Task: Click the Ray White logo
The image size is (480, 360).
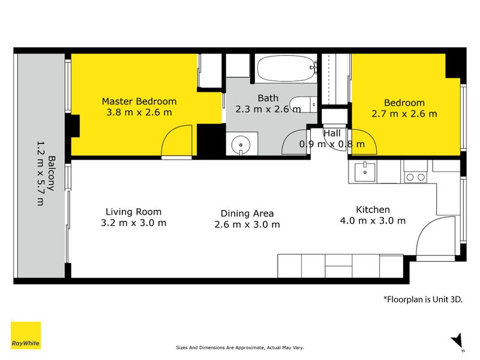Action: pyautogui.click(x=26, y=335)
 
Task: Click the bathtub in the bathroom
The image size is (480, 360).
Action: pyautogui.click(x=287, y=68)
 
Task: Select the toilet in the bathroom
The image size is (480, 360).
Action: pyautogui.click(x=304, y=104)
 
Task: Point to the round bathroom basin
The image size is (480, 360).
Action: pyautogui.click(x=241, y=145)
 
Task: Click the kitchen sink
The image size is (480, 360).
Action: pyautogui.click(x=365, y=172)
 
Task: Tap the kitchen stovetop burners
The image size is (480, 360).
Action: pyautogui.click(x=415, y=177)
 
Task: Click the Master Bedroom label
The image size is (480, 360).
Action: pyautogui.click(x=139, y=101)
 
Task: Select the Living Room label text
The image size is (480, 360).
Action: pyautogui.click(x=133, y=212)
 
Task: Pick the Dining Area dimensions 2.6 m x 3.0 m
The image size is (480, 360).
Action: pyautogui.click(x=247, y=224)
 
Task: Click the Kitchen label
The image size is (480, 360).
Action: pyautogui.click(x=373, y=209)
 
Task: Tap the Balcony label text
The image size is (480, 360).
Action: pyautogui.click(x=52, y=173)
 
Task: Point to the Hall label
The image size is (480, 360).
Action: pyautogui.click(x=332, y=133)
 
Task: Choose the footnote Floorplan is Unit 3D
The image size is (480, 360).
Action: pyautogui.click(x=423, y=299)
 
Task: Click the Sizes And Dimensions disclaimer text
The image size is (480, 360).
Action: pyautogui.click(x=239, y=347)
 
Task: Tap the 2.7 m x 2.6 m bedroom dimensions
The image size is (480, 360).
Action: pyautogui.click(x=404, y=114)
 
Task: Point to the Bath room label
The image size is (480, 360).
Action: pyautogui.click(x=268, y=98)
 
